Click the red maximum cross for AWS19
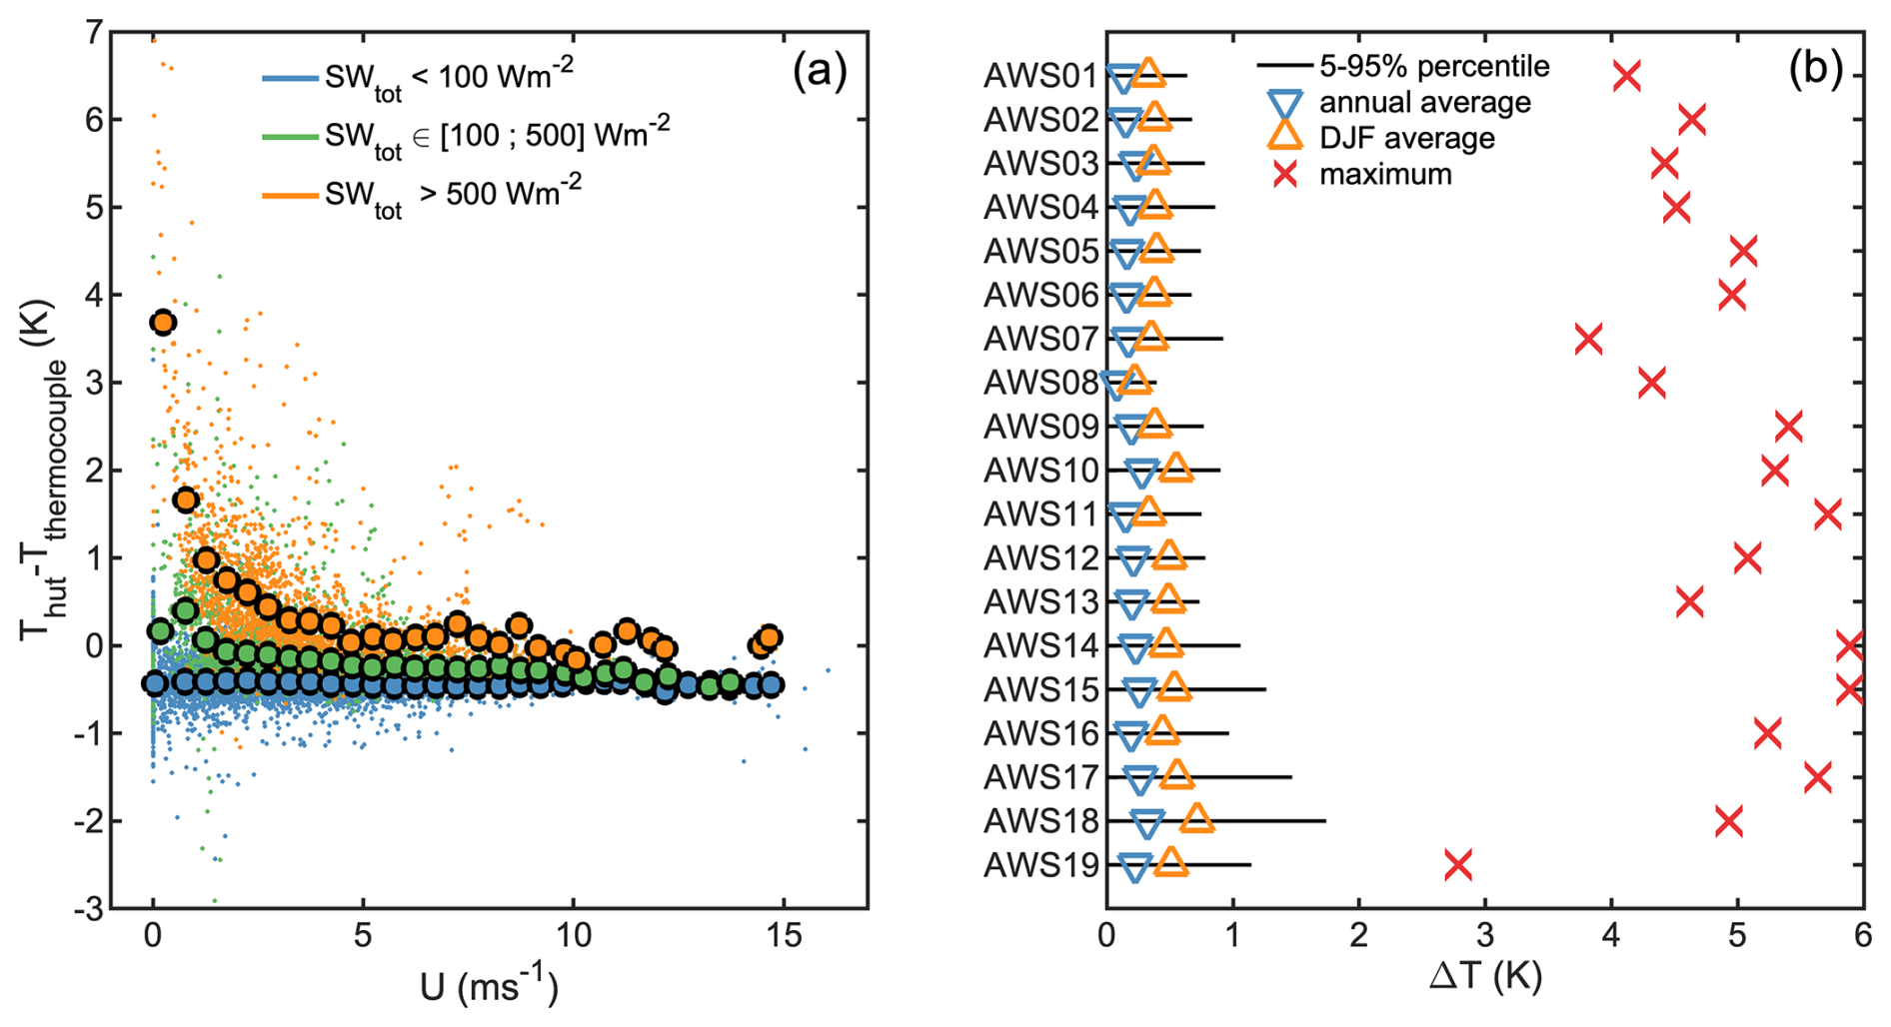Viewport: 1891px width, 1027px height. (1458, 865)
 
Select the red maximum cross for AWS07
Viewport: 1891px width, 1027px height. (1588, 339)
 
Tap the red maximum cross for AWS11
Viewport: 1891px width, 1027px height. (1827, 514)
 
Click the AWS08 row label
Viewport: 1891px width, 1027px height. (1040, 383)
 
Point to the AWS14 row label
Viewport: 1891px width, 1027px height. (1040, 646)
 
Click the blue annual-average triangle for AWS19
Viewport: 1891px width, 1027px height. (1134, 867)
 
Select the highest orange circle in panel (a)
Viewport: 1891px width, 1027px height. (163, 323)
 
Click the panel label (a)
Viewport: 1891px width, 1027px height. (819, 71)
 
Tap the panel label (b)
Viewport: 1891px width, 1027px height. (1815, 69)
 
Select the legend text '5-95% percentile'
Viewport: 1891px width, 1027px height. (1434, 67)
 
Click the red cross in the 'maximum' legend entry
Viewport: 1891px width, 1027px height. (1284, 175)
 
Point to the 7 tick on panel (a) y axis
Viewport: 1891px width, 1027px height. (93, 33)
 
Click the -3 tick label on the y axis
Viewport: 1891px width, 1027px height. (88, 909)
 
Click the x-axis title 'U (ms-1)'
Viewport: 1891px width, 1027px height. (489, 987)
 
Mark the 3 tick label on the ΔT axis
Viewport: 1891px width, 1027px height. (1485, 937)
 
